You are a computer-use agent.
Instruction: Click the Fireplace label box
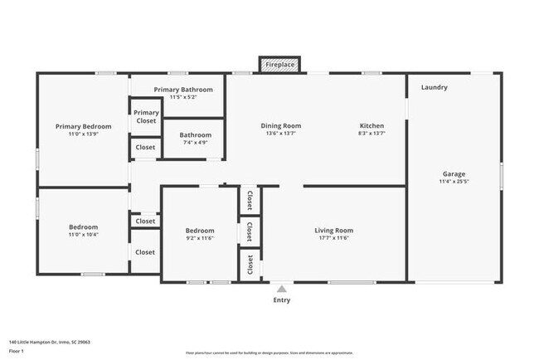pyautogui.click(x=279, y=64)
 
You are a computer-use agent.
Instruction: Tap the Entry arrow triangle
pyautogui.click(x=282, y=289)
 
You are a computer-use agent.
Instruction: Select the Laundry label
pyautogui.click(x=434, y=87)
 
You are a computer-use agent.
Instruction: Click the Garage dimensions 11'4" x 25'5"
pyautogui.click(x=454, y=182)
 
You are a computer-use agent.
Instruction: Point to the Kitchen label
pyautogui.click(x=371, y=126)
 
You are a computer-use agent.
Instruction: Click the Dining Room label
pyautogui.click(x=281, y=126)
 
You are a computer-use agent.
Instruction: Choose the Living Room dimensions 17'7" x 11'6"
pyautogui.click(x=333, y=238)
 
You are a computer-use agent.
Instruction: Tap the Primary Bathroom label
pyautogui.click(x=183, y=90)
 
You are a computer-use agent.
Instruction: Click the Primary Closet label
pyautogui.click(x=146, y=117)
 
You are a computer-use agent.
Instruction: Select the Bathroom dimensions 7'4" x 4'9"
pyautogui.click(x=195, y=142)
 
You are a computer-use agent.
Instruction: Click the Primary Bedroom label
pyautogui.click(x=83, y=126)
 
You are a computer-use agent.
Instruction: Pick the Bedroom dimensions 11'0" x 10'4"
pyautogui.click(x=83, y=235)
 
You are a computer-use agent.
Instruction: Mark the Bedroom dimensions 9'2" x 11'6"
pyautogui.click(x=199, y=238)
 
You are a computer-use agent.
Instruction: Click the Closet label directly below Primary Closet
pyautogui.click(x=145, y=147)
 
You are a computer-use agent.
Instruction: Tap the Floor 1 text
pyautogui.click(x=16, y=351)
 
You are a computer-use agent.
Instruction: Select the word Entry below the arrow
pyautogui.click(x=282, y=300)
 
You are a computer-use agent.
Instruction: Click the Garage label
pyautogui.click(x=454, y=174)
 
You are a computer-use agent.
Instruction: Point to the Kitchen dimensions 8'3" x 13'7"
pyautogui.click(x=371, y=134)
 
